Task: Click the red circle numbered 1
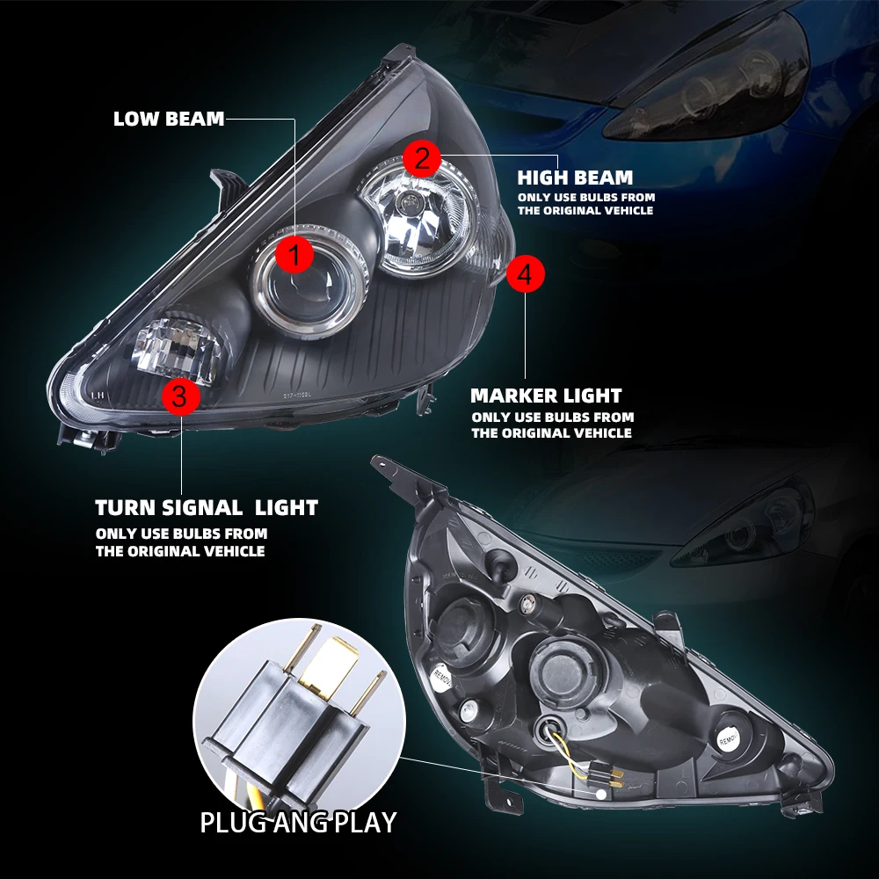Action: click(x=295, y=256)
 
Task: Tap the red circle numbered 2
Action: click(x=422, y=159)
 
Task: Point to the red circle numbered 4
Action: click(x=525, y=275)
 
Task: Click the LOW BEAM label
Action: click(x=169, y=119)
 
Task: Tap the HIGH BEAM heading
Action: click(x=575, y=178)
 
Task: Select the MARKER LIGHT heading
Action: click(x=546, y=396)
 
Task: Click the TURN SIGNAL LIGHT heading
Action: click(x=207, y=507)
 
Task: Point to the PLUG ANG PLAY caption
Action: click(x=298, y=823)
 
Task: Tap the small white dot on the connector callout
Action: click(x=602, y=793)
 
